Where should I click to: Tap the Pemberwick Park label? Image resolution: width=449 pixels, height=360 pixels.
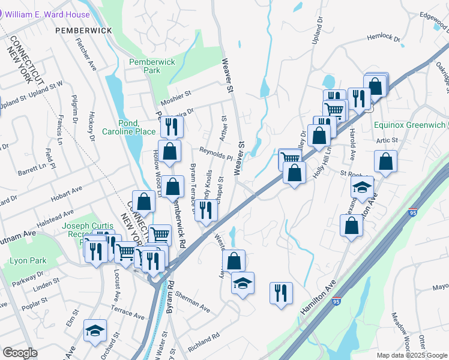(145, 65)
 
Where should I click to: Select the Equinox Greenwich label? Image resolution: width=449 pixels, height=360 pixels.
(409, 125)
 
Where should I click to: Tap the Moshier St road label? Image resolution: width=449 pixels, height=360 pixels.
(175, 94)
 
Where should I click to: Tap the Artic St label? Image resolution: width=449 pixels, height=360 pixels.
(387, 140)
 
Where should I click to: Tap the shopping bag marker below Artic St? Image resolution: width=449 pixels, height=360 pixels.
(385, 161)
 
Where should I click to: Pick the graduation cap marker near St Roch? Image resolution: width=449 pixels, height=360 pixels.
(363, 187)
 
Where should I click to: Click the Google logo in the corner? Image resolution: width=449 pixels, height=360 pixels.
(20, 353)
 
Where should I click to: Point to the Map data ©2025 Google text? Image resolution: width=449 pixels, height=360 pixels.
(412, 355)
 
